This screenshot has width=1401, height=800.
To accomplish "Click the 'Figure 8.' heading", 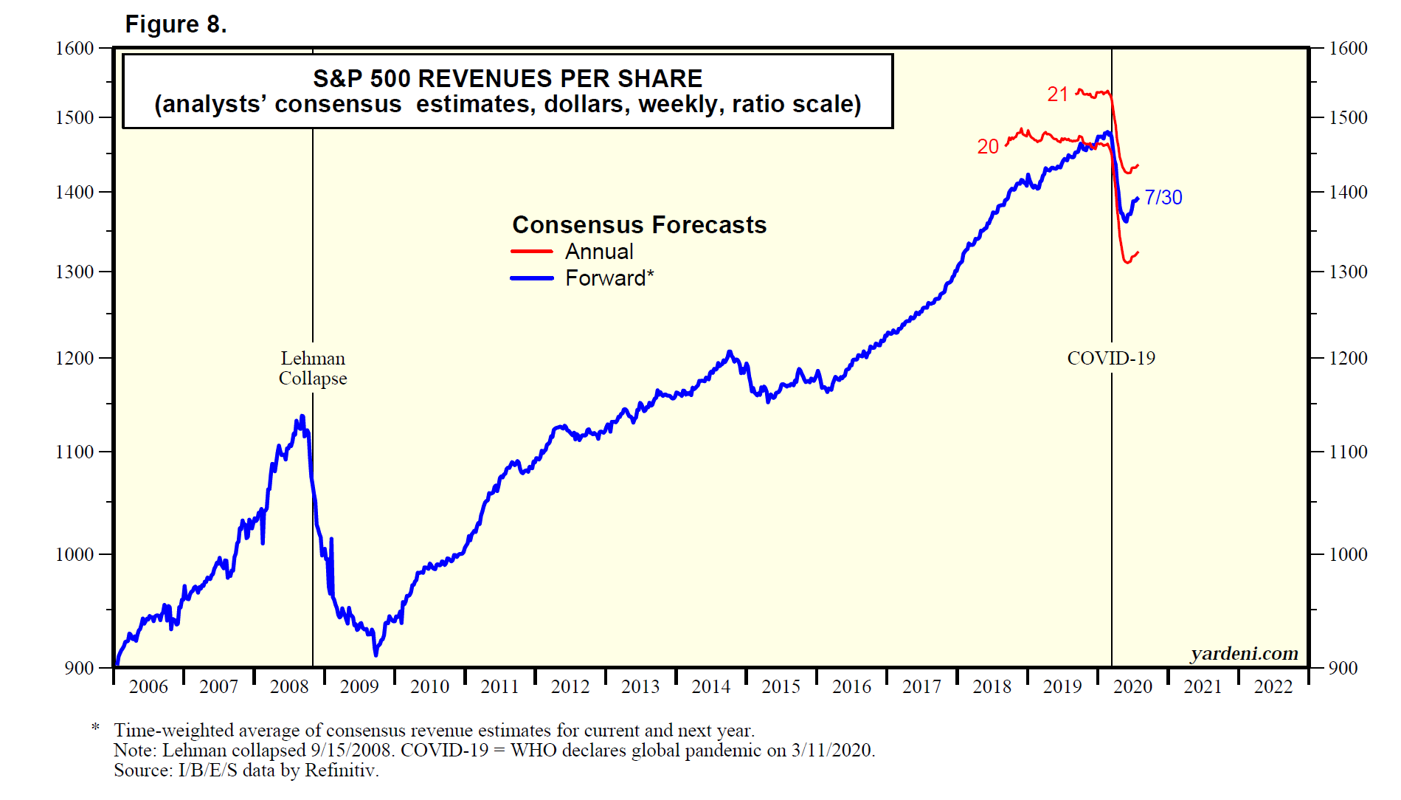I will click(x=176, y=24).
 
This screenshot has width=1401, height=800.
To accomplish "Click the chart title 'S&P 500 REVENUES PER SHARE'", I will click(x=508, y=78).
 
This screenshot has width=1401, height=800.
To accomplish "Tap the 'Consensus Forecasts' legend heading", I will click(x=639, y=224).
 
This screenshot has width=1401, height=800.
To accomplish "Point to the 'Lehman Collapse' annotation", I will click(x=313, y=368).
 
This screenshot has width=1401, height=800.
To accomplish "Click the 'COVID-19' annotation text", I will click(x=1111, y=359).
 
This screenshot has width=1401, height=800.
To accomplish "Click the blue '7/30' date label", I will click(x=1163, y=197).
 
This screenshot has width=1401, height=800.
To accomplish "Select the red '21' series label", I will click(x=1058, y=94).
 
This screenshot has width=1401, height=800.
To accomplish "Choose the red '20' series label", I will click(x=988, y=147).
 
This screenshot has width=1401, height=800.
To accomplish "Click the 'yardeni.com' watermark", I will click(x=1244, y=653).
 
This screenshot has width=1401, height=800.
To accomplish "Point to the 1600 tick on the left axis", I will click(x=75, y=48).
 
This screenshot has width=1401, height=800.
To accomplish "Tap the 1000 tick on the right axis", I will click(x=1348, y=554).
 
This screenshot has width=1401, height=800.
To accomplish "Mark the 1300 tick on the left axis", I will click(x=75, y=272).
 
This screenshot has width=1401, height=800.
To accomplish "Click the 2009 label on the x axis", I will click(x=359, y=686).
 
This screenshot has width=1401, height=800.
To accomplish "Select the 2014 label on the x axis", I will click(x=710, y=686).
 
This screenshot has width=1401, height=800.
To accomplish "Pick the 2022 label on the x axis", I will click(x=1273, y=686).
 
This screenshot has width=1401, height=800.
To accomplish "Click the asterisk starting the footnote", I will click(x=96, y=729).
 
